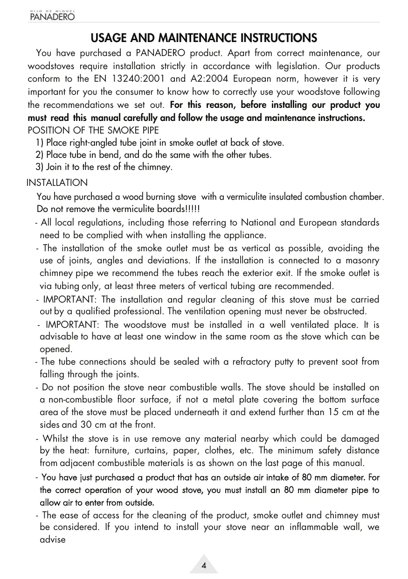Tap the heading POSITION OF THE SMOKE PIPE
coord(93,130)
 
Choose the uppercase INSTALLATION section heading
coord(57,183)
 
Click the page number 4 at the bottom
coord(204,566)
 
